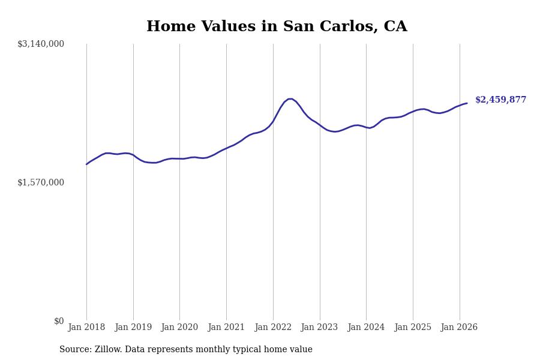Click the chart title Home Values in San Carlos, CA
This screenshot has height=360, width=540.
pos(277,26)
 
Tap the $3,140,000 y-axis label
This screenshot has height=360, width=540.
pos(41,44)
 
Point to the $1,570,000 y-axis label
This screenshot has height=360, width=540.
pos(41,182)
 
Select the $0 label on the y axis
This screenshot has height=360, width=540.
pos(59,321)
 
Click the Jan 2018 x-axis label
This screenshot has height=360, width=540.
pos(86,328)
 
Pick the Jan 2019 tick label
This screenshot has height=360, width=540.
pos(133,328)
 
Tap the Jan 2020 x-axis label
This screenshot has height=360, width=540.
pos(179,328)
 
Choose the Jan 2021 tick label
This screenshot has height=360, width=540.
pos(226,328)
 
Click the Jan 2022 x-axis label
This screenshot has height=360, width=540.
pos(273,328)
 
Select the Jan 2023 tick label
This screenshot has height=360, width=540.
pos(319,328)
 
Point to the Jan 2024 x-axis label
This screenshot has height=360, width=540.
pos(366,328)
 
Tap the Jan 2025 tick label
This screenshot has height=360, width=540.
pos(413,328)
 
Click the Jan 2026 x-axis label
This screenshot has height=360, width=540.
pos(459,328)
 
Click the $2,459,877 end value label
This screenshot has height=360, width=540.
pos(500,100)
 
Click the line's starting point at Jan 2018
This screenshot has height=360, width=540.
pos(86,164)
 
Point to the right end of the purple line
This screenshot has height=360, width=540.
pos(467,103)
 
